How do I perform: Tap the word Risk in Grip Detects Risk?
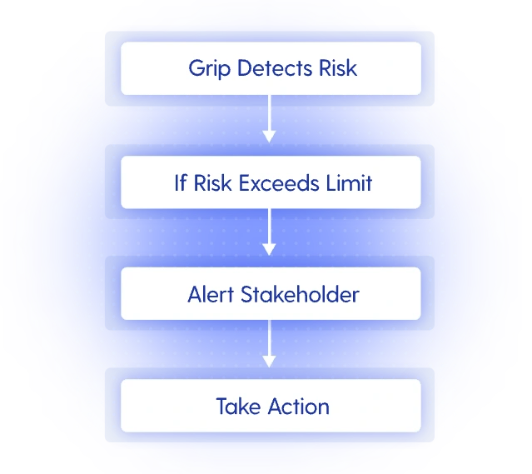point(337,67)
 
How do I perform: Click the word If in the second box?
point(180,182)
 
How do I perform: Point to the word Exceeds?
point(282,182)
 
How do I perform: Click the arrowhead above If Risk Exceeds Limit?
point(268,136)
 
